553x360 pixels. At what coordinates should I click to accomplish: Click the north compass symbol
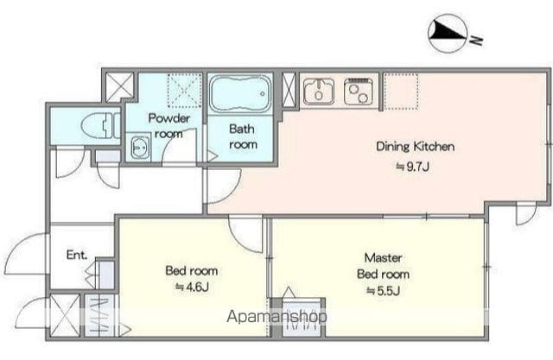pyautogui.click(x=448, y=34)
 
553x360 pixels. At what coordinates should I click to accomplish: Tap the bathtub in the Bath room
pyautogui.click(x=240, y=93)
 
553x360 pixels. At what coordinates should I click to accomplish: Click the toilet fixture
pyautogui.click(x=100, y=125)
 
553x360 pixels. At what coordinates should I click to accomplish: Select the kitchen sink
pyautogui.click(x=319, y=92)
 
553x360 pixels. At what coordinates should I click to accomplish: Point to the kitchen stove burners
pyautogui.click(x=359, y=92)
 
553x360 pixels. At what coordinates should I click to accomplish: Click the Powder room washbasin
pyautogui.click(x=140, y=147)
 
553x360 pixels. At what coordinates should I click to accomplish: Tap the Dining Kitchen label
pyautogui.click(x=415, y=146)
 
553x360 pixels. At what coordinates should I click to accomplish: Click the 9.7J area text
pyautogui.click(x=413, y=167)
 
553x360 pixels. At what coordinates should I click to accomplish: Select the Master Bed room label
pyautogui.click(x=384, y=266)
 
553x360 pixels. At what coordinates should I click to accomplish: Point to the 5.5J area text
pyautogui.click(x=383, y=291)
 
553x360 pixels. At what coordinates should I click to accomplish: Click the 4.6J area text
pyautogui.click(x=192, y=287)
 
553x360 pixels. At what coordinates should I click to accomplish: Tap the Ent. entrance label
pyautogui.click(x=77, y=255)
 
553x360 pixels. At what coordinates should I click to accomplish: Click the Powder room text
pyautogui.click(x=169, y=126)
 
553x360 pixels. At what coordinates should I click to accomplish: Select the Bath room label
pyautogui.click(x=243, y=136)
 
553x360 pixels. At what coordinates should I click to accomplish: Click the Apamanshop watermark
pyautogui.click(x=276, y=316)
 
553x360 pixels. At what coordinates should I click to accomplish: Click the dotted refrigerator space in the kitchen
pyautogui.click(x=401, y=91)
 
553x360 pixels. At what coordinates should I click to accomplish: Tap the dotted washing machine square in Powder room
pyautogui.click(x=184, y=90)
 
